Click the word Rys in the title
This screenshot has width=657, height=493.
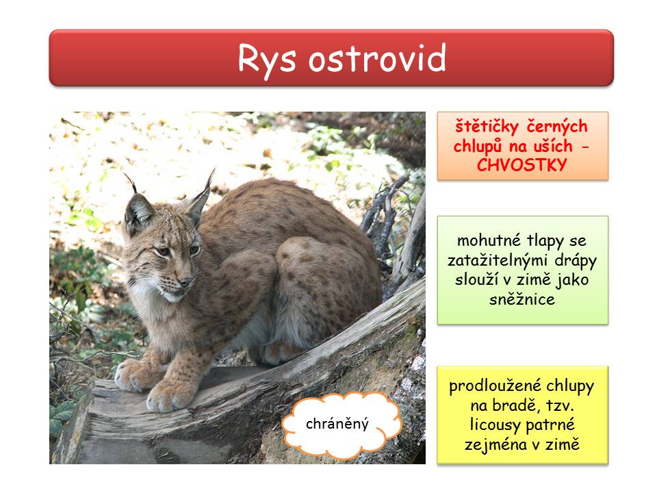click(267, 59)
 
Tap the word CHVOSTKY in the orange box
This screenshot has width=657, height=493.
click(521, 165)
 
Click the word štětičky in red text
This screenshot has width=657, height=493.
click(487, 127)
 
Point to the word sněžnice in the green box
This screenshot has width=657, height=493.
click(522, 299)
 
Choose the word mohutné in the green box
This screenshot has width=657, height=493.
click(489, 240)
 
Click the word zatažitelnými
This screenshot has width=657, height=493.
click(499, 261)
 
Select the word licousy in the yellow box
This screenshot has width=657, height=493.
click(494, 425)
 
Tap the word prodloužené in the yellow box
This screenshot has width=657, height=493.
click(495, 386)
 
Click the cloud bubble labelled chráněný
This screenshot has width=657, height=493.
click(341, 425)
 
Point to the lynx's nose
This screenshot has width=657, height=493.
click(185, 281)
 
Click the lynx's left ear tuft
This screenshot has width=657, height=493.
click(131, 183)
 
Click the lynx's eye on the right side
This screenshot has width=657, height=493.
click(194, 251)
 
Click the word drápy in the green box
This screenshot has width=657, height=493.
click(576, 261)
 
